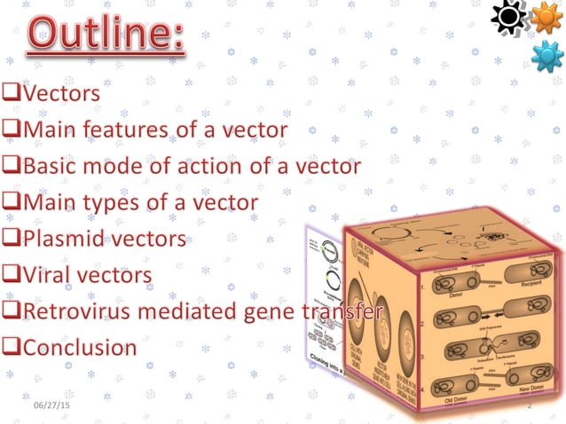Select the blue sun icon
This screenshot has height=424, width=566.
pos(546,57)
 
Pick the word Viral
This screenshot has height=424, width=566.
pos(45,276)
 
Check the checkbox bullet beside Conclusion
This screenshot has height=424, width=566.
pos(12,348)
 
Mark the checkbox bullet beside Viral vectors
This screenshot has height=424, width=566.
pos(12,276)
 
